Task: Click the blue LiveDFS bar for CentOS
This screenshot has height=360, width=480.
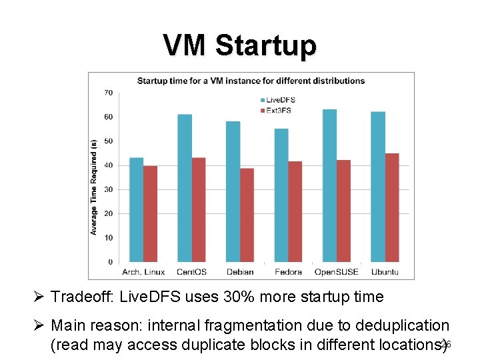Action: [185, 188]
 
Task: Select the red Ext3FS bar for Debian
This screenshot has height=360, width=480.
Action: [247, 215]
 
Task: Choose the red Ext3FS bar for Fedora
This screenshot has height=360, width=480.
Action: [295, 211]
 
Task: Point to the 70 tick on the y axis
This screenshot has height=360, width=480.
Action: [109, 93]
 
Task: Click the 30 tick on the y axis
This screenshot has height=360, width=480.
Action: [109, 189]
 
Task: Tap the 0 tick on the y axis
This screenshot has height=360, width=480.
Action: [111, 262]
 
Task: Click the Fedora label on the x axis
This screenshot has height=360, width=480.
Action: [288, 272]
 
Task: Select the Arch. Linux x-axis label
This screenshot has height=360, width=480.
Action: [143, 272]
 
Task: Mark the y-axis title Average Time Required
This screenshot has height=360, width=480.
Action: [94, 187]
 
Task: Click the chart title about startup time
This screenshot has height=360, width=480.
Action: [251, 81]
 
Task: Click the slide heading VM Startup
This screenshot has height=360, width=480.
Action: [239, 45]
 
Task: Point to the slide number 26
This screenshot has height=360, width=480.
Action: [446, 344]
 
